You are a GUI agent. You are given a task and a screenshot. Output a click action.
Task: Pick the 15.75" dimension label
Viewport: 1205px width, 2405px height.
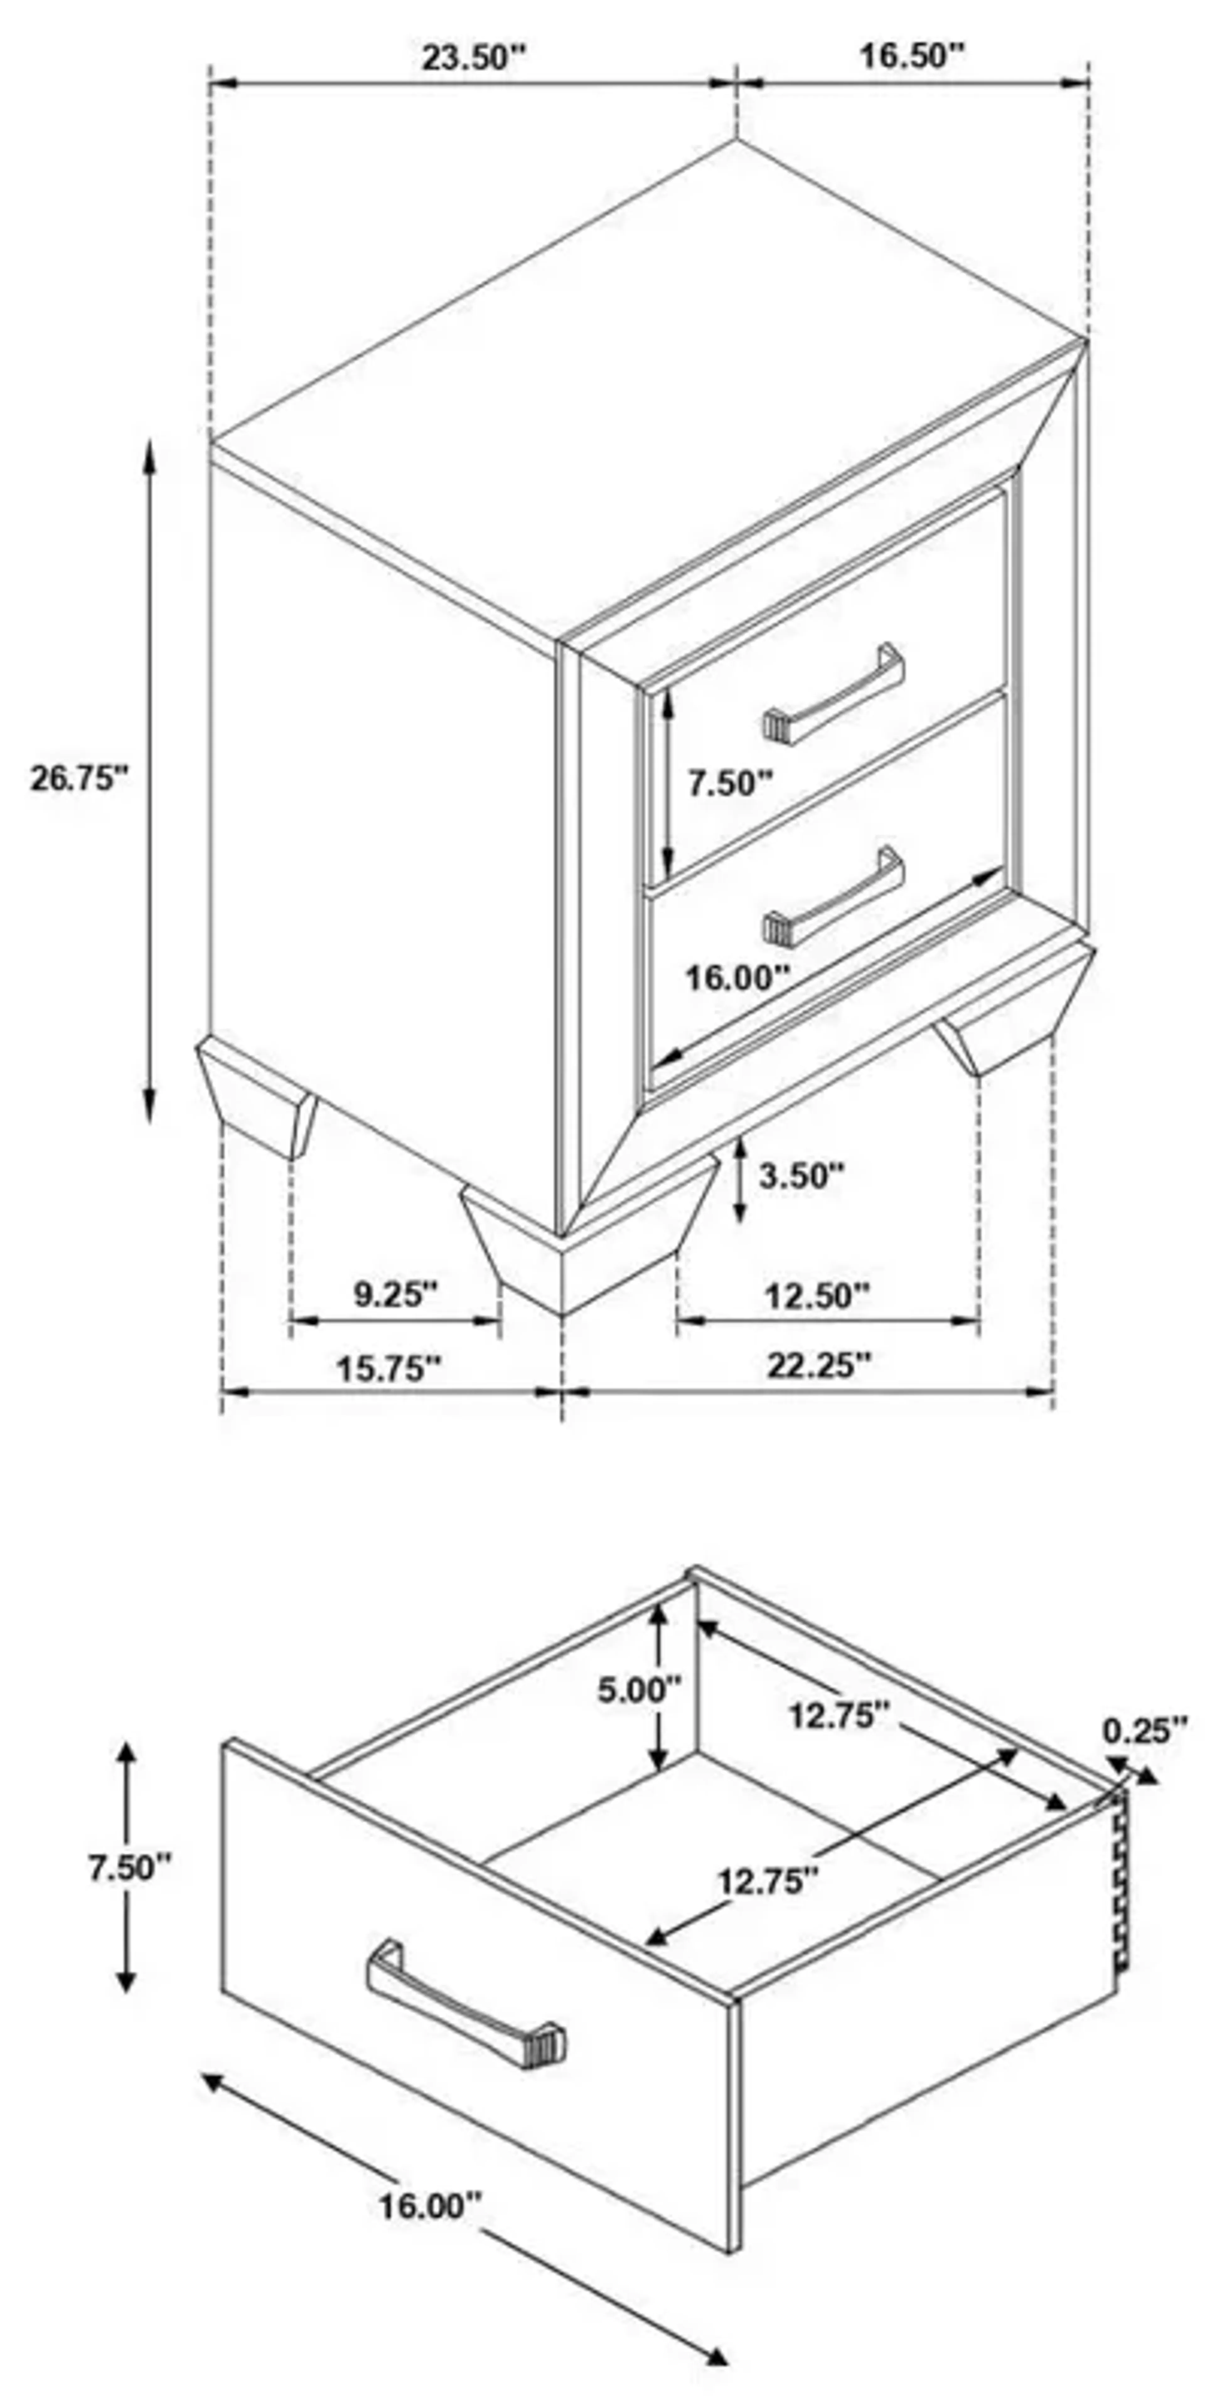[388, 1369]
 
